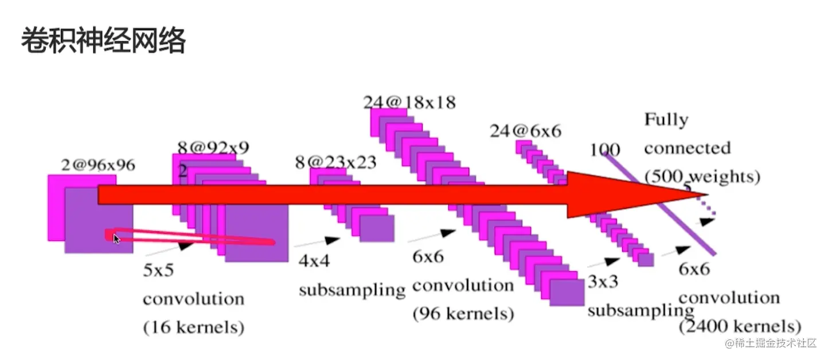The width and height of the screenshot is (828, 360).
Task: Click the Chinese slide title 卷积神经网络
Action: (x=103, y=42)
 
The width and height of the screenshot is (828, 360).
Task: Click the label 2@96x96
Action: (x=98, y=165)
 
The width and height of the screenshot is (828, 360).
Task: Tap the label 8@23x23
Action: (x=335, y=162)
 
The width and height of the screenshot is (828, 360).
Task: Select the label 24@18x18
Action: (x=409, y=102)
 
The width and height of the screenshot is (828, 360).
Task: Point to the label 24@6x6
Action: (x=525, y=131)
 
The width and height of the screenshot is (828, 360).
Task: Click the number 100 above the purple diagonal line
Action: (x=605, y=150)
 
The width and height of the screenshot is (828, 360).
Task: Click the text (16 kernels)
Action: (x=193, y=327)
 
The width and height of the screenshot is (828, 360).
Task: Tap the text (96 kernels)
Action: (x=463, y=314)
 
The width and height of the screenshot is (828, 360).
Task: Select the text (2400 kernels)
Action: (x=740, y=327)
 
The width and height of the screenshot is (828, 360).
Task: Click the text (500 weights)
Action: (x=702, y=177)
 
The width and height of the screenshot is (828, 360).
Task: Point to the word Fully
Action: (x=666, y=120)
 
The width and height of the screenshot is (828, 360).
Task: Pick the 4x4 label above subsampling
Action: (x=314, y=261)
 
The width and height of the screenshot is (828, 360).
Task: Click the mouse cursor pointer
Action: (x=116, y=238)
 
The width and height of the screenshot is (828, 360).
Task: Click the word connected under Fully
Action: (x=687, y=148)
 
